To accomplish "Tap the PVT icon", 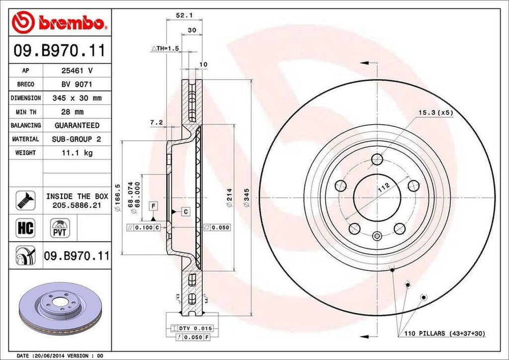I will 60,229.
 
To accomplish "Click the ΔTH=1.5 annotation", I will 165,48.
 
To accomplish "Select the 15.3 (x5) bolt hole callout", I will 436,113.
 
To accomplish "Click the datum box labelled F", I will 154,205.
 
